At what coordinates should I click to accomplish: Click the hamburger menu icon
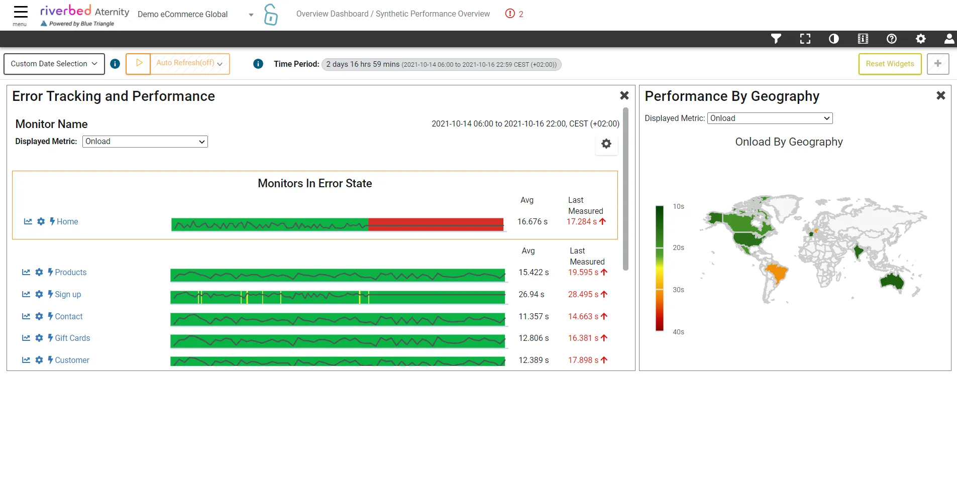[20, 12]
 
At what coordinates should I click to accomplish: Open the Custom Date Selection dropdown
[54, 64]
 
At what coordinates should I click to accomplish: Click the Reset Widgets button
[890, 64]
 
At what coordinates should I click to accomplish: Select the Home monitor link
[67, 221]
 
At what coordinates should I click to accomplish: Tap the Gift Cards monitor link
[72, 338]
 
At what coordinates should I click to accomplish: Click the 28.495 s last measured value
[583, 294]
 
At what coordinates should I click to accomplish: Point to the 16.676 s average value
[533, 221]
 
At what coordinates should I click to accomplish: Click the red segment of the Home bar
[436, 224]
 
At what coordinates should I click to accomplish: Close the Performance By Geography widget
[941, 95]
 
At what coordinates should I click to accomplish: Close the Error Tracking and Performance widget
[624, 95]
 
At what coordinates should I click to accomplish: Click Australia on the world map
[892, 281]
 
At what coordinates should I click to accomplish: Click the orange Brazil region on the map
[776, 274]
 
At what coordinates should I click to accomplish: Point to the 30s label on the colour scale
[678, 290]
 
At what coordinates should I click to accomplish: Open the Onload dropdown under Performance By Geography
[770, 118]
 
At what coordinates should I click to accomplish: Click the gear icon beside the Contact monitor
[39, 316]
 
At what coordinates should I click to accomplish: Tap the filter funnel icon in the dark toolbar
[776, 39]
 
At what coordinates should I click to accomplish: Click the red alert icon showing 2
[510, 14]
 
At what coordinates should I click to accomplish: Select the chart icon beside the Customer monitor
[26, 360]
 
